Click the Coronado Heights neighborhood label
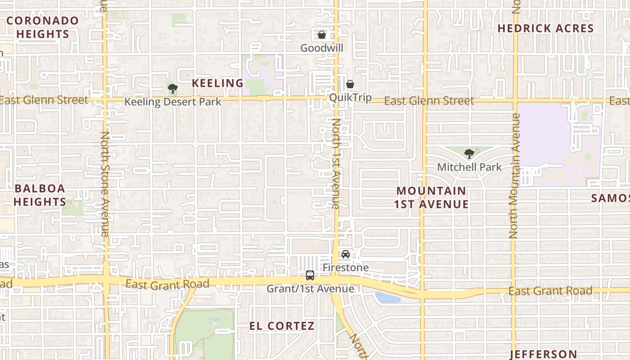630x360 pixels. click(x=42, y=27)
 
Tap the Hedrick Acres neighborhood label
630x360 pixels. click(x=545, y=28)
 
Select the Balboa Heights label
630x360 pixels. click(x=40, y=195)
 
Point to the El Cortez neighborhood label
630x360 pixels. click(x=282, y=326)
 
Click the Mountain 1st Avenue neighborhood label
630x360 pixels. click(x=431, y=198)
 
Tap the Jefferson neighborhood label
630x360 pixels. click(x=543, y=354)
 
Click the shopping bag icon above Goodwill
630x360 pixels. click(x=322, y=35)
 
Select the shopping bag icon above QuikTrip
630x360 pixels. click(x=350, y=84)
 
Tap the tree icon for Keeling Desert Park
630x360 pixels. click(x=172, y=88)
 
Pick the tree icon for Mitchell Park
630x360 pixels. click(x=469, y=154)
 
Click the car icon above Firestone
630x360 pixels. click(x=346, y=254)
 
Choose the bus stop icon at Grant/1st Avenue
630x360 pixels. click(x=310, y=275)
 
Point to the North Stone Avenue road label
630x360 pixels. click(x=105, y=184)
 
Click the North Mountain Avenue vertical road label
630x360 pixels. click(x=515, y=175)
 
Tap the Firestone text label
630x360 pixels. click(x=346, y=268)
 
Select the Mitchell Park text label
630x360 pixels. click(x=469, y=167)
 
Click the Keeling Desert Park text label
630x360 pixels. click(x=173, y=102)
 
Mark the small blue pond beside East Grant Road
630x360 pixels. click(x=387, y=297)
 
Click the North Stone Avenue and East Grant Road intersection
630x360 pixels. click(x=106, y=280)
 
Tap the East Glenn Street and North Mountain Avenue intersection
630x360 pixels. click(x=515, y=100)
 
